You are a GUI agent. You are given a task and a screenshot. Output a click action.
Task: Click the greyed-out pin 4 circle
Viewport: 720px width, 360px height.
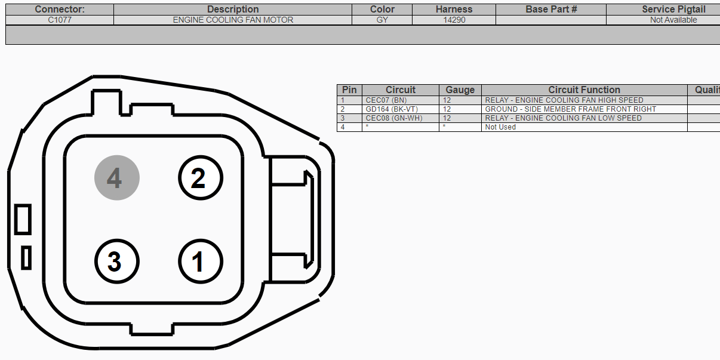pyautogui.click(x=117, y=178)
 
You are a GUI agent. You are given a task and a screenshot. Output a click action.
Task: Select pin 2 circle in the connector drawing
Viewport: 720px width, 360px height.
pyautogui.click(x=201, y=178)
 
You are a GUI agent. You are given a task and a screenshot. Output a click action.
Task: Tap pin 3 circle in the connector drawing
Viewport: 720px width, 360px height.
pyautogui.click(x=117, y=261)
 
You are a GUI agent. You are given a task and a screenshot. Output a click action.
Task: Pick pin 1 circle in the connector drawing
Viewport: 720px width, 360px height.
pyautogui.click(x=201, y=261)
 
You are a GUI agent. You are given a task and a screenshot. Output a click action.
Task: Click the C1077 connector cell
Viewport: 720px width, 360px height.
pyautogui.click(x=60, y=20)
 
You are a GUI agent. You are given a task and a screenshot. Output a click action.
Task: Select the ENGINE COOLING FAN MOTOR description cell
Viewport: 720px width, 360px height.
pyautogui.click(x=233, y=20)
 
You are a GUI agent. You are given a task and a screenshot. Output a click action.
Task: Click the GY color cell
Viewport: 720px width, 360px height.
pyautogui.click(x=382, y=20)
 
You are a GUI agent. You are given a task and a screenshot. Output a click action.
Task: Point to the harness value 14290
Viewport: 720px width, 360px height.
pyautogui.click(x=454, y=20)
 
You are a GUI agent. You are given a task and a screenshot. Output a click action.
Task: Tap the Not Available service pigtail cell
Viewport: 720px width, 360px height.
pyautogui.click(x=673, y=20)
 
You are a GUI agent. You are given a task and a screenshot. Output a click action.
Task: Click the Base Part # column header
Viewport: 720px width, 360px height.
pyautogui.click(x=551, y=10)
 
